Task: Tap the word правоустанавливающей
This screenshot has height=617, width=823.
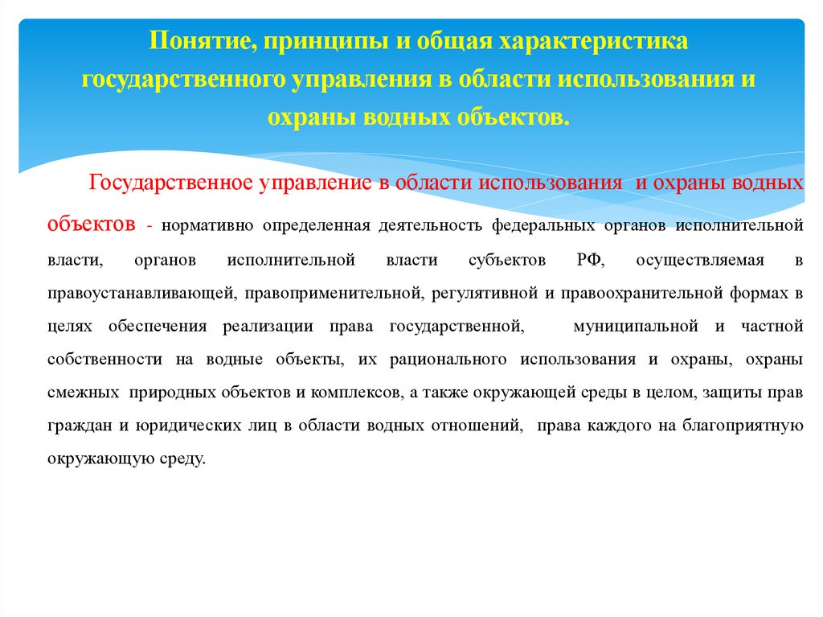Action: click(141, 294)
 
